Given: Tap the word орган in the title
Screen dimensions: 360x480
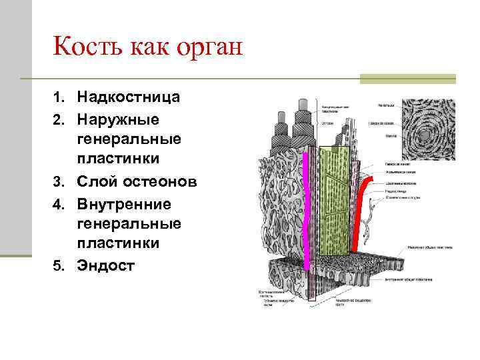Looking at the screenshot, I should (210, 48).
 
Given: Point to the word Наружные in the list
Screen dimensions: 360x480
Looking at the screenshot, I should (118, 119).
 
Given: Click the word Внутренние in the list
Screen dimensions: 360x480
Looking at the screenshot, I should (124, 203).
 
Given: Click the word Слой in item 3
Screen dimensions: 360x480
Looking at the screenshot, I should (98, 182).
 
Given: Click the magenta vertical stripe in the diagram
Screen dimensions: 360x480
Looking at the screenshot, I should (308, 207).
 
